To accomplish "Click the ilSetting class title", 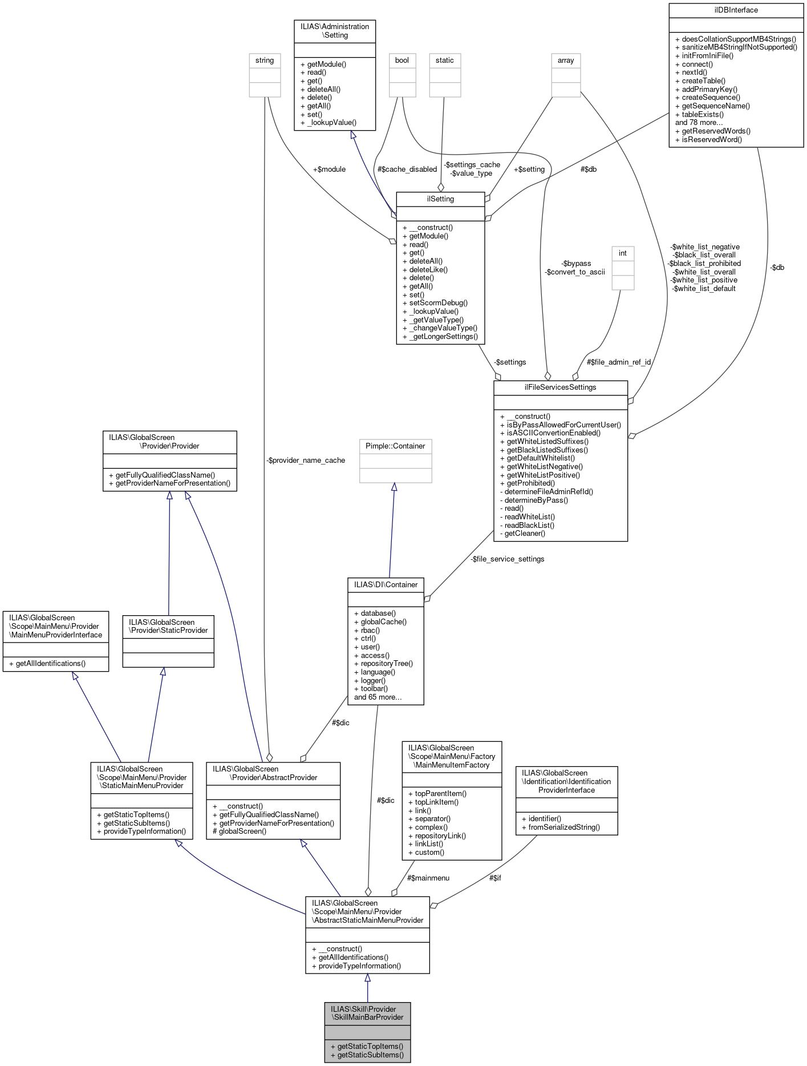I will pos(440,199).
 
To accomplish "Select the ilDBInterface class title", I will pos(736,10).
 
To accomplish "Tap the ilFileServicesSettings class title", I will pos(560,387).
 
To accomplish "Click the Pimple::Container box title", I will pos(395,446).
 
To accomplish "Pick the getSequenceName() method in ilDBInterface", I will pos(716,106).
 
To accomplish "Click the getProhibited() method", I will pos(530,483).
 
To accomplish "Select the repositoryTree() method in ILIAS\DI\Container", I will pos(387,664).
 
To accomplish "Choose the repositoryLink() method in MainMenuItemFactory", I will pos(440,835).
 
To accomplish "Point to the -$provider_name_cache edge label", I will pos(306,461).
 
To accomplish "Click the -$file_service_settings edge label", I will pos(508,559).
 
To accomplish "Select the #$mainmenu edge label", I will pos(428,878).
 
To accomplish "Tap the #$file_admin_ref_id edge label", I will pos(619,362).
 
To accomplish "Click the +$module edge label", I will pos(329,169).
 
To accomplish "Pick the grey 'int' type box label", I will pos(623,253).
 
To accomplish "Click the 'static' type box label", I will pos(445,60).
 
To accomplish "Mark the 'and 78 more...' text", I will pos(699,123).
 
